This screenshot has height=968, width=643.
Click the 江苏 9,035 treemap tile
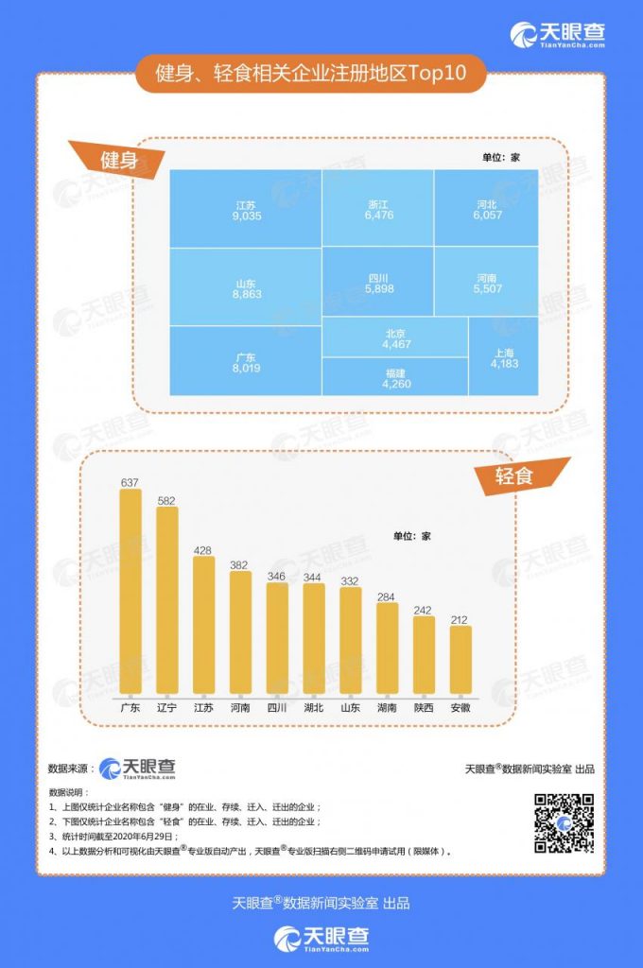click(x=246, y=209)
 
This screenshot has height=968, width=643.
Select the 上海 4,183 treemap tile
click(x=503, y=356)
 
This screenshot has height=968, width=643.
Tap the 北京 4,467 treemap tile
click(x=395, y=337)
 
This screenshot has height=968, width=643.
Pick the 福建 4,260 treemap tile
click(x=395, y=377)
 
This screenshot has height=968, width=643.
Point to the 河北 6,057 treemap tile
click(x=487, y=209)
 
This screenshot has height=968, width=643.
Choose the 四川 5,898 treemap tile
click(x=378, y=283)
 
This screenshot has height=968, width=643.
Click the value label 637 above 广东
click(x=130, y=482)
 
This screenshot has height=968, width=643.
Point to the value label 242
click(x=424, y=610)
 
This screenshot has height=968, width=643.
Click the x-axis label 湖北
click(x=314, y=707)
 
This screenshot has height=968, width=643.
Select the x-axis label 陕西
click(x=424, y=707)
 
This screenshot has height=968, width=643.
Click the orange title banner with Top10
click(x=310, y=74)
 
